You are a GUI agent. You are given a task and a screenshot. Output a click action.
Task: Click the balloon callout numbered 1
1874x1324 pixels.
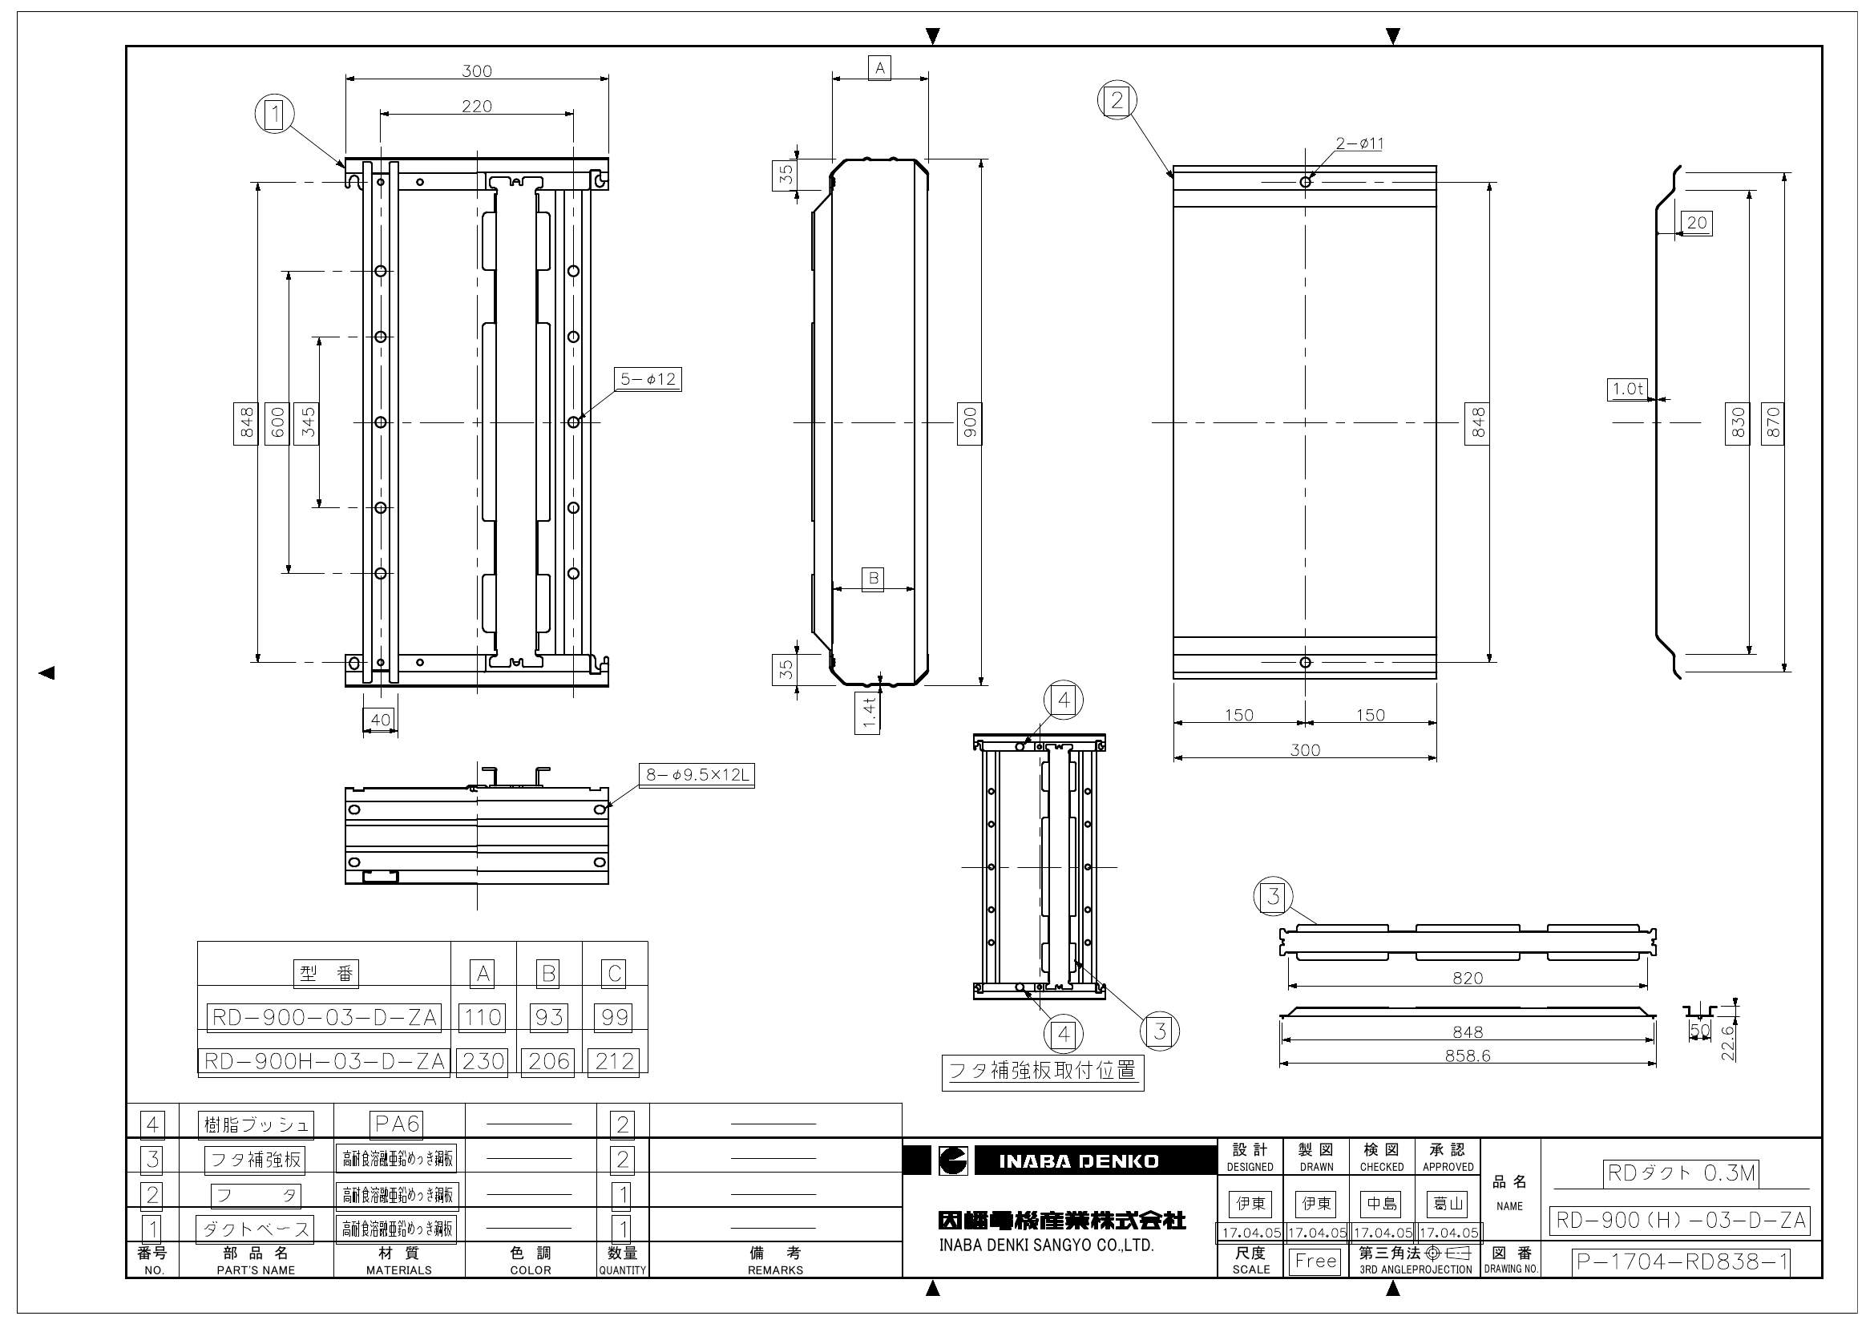coord(275,115)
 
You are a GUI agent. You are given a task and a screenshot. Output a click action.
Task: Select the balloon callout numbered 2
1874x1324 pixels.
coord(1117,100)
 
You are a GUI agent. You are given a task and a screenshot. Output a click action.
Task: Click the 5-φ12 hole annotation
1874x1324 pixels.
coord(649,380)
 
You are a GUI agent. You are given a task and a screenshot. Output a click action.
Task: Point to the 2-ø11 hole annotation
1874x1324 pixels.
coord(1359,143)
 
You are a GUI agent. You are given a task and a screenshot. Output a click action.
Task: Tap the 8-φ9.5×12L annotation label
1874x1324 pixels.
coord(697,775)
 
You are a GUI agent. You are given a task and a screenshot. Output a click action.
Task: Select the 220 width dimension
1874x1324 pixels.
coord(477,106)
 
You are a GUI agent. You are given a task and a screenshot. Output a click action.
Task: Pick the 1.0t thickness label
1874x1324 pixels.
coord(1627,390)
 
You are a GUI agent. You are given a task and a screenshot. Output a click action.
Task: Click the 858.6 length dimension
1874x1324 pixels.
coord(1468,1056)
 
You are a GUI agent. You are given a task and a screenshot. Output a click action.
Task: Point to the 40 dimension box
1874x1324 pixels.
coord(381,720)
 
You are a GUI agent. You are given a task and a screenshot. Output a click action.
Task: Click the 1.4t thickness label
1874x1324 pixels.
coord(868,712)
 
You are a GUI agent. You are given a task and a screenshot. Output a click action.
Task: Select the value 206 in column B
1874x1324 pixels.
coord(548,1061)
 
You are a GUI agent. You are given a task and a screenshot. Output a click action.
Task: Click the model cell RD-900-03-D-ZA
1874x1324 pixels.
coord(324,1018)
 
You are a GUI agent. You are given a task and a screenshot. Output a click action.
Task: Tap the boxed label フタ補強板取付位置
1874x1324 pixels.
coord(1042,1072)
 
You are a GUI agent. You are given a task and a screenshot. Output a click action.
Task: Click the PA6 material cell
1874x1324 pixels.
coord(397,1124)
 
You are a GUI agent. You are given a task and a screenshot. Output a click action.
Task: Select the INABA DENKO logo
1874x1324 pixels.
coord(1060,1161)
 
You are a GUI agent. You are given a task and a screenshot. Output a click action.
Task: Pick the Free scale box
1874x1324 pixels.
coord(1315,1261)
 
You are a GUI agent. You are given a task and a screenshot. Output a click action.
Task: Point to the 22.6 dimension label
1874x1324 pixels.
coord(1727,1043)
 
